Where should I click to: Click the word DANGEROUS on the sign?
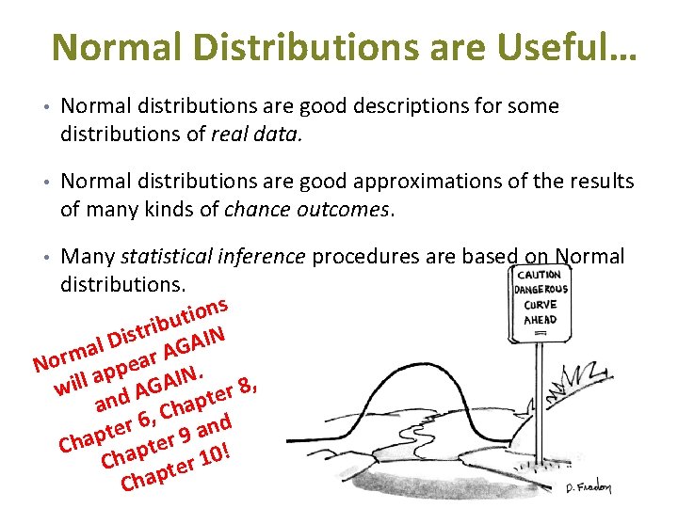pyautogui.click(x=541, y=289)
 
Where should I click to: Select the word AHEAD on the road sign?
pyautogui.click(x=541, y=319)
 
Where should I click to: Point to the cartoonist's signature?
pyautogui.click(x=589, y=486)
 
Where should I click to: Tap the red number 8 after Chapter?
pyautogui.click(x=244, y=385)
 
